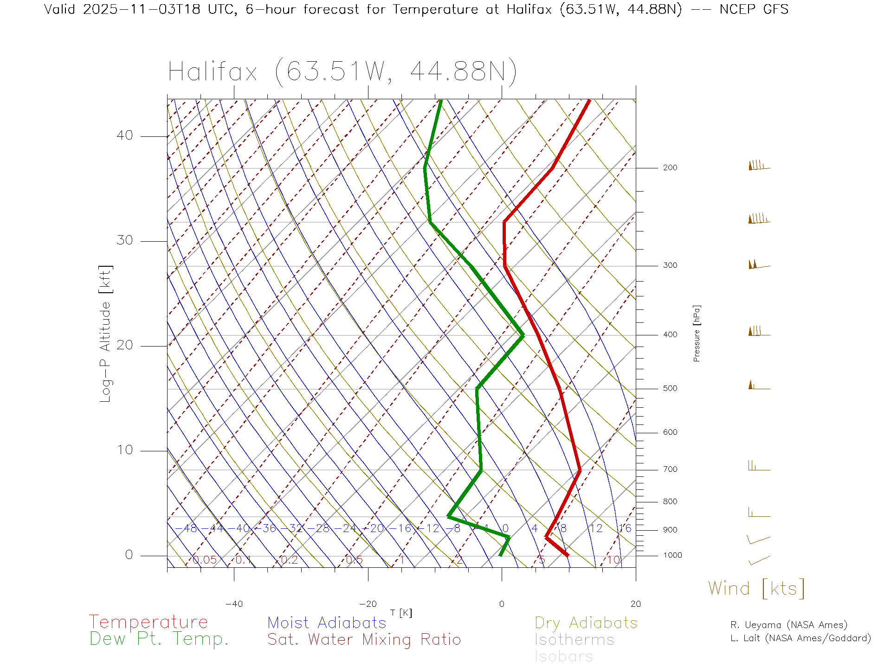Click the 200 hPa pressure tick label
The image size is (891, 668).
point(670,168)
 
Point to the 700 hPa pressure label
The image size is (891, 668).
point(670,469)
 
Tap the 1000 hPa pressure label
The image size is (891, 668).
point(672,555)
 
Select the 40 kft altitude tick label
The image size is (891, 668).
point(124,135)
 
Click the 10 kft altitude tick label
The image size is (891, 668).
point(124,450)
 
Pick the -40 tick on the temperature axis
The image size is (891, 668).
point(234,604)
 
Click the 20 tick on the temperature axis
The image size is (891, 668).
point(635,604)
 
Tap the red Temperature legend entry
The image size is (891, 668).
point(148,622)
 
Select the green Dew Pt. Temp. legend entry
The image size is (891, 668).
point(159,639)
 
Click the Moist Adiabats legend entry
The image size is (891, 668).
point(327,623)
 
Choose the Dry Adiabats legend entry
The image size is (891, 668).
point(586,623)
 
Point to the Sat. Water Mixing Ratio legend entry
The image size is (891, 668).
point(364,640)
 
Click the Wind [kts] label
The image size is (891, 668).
point(756,589)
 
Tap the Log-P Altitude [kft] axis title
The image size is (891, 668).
point(106,334)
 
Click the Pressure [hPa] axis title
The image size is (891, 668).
point(697,333)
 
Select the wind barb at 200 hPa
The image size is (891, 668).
point(758,166)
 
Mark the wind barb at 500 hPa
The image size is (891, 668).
point(758,385)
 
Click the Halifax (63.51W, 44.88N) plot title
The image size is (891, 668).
point(342,72)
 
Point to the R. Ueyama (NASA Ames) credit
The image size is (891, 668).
point(789,625)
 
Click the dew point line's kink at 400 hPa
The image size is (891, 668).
point(523,335)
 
